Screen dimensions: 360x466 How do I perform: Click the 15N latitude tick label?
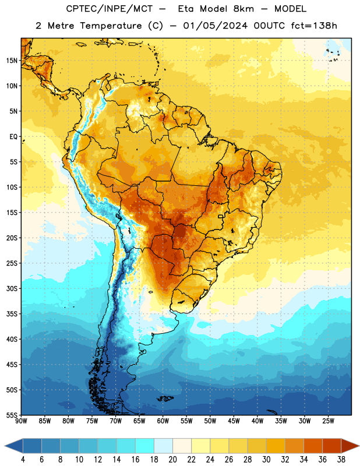(x=12, y=61)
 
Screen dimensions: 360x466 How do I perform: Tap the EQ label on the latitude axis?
(x=13, y=137)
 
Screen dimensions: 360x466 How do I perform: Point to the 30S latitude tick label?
(x=12, y=288)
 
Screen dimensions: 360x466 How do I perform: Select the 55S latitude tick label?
(x=12, y=415)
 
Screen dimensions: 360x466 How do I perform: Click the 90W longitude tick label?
(x=21, y=421)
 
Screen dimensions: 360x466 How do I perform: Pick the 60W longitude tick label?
(x=163, y=421)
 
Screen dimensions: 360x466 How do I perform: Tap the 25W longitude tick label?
(x=328, y=421)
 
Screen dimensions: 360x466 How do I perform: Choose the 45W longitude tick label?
(x=234, y=421)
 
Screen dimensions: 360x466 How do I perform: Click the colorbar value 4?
(x=23, y=459)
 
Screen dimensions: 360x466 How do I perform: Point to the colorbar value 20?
(x=172, y=459)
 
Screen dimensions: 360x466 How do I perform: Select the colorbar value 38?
(x=341, y=459)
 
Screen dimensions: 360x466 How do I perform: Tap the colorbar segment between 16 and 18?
(x=145, y=446)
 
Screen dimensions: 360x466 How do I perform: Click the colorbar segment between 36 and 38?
(x=332, y=446)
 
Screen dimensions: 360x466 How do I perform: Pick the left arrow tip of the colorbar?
(x=5, y=446)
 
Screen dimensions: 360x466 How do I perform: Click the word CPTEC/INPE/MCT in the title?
(x=110, y=9)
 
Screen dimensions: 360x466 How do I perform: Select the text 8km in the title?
(x=243, y=9)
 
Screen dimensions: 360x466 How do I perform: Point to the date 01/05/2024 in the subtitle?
(x=215, y=26)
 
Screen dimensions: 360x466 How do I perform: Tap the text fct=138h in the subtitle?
(x=314, y=26)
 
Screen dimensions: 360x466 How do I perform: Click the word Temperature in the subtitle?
(x=111, y=26)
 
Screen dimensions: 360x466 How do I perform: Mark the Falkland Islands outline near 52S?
(x=165, y=398)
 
